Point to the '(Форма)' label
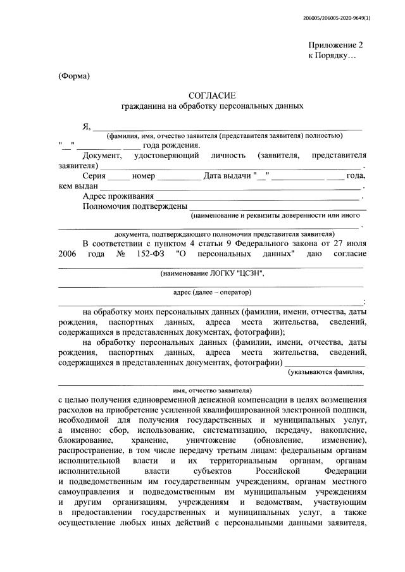[75, 77]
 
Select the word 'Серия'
[94, 176]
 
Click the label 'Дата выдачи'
[227, 176]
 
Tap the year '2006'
[70, 254]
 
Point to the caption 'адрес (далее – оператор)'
[212, 292]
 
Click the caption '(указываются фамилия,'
[326, 372]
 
